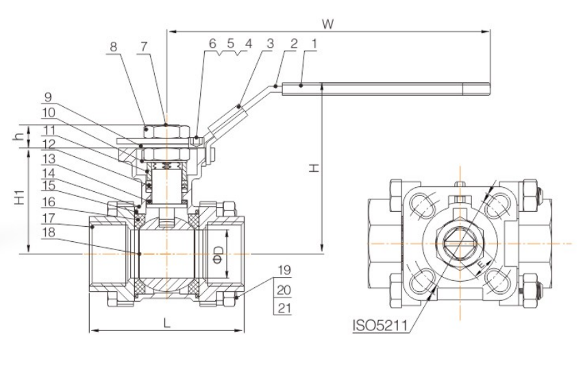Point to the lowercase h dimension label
pyautogui.click(x=18, y=135)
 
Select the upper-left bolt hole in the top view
pyautogui.click(x=422, y=205)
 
